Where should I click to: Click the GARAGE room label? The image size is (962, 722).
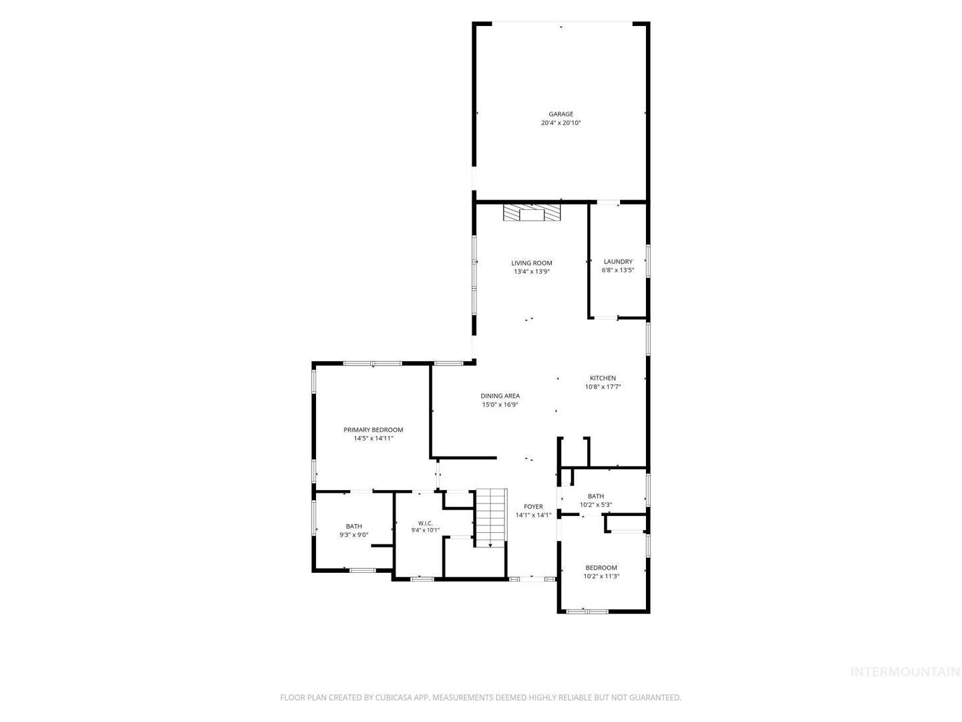560,114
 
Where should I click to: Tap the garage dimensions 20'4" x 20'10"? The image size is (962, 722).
560,123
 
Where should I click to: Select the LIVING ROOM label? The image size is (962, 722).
532,263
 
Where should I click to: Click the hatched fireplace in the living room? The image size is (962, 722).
532,213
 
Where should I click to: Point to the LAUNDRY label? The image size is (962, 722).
618,261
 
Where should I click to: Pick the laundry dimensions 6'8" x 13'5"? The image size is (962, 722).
618,270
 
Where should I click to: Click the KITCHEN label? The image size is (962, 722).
603,378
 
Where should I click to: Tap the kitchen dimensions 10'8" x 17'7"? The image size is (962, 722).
603,386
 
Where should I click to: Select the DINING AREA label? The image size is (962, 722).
500,396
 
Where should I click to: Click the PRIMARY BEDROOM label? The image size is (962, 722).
373,430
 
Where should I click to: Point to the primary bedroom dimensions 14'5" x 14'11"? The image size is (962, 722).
373,439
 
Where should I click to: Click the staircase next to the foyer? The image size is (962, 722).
491,517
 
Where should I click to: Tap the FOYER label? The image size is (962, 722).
533,506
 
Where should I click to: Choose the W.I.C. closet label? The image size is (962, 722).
425,523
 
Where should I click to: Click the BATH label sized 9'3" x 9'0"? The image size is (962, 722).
354,526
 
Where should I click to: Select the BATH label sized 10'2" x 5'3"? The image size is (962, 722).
596,496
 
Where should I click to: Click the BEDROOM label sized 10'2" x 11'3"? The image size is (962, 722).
601,568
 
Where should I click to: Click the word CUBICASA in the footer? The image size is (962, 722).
393,697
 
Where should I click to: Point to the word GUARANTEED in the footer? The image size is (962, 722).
656,697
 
